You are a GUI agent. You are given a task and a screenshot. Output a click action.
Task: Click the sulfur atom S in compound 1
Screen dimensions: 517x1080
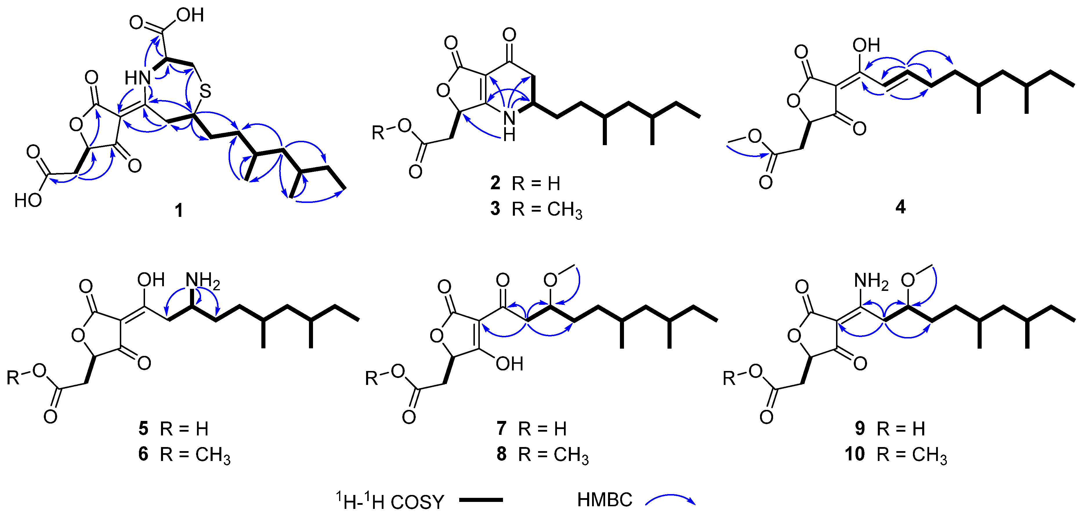coord(205,91)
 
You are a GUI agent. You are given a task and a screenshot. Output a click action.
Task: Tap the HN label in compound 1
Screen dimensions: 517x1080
coord(137,78)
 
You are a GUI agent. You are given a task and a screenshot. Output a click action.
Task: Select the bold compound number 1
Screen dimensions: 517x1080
coord(179,210)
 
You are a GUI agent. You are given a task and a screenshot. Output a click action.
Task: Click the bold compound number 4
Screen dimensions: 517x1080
coord(900,207)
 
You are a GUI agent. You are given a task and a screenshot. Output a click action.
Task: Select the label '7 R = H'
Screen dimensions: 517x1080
coord(531,428)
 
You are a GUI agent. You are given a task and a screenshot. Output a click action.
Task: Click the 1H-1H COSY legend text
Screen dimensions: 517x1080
coord(390,501)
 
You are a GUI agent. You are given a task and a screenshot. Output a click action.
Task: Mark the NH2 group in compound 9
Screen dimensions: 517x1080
coord(871,280)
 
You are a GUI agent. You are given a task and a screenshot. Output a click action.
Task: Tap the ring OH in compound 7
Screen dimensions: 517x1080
coord(509,364)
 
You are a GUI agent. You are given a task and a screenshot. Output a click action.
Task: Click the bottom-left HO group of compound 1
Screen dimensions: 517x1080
coord(28,201)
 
